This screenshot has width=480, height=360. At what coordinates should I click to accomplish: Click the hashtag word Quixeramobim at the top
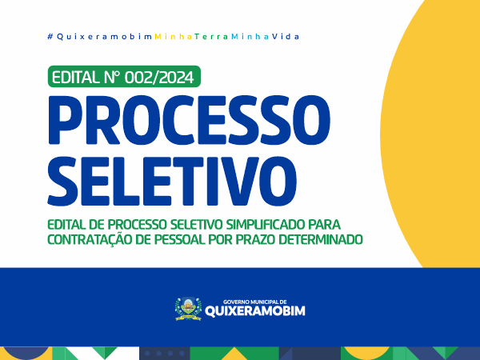pos(104,37)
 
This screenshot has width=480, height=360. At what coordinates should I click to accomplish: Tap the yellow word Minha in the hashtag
pos(174,37)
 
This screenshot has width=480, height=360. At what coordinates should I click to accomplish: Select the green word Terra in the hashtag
pos(211,37)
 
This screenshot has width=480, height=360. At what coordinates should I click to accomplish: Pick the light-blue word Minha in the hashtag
pos(250,37)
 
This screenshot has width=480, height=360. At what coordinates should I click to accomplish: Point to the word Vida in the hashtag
pos(286,37)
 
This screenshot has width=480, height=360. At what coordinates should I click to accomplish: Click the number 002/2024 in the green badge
pos(159,77)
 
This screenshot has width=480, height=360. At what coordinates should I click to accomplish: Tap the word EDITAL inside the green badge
pos(74,77)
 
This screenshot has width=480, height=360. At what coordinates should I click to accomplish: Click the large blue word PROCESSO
pos(189,119)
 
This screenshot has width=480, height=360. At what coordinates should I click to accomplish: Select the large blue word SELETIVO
pos(172,181)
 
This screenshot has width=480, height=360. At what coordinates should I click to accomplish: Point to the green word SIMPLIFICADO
pos(266,224)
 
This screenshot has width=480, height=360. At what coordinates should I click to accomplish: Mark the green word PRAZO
pos(257,239)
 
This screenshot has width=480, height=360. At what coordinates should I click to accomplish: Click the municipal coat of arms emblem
pos(188,309)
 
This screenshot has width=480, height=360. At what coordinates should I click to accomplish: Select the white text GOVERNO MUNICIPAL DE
pos(254,302)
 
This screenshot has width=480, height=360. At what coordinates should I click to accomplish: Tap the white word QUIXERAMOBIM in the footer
pos(254,311)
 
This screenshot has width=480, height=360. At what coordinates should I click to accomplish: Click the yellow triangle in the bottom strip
pos(234,354)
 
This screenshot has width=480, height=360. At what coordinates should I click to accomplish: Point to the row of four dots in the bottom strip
pos(165,354)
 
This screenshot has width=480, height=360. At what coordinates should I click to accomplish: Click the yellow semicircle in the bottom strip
pos(367,353)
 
